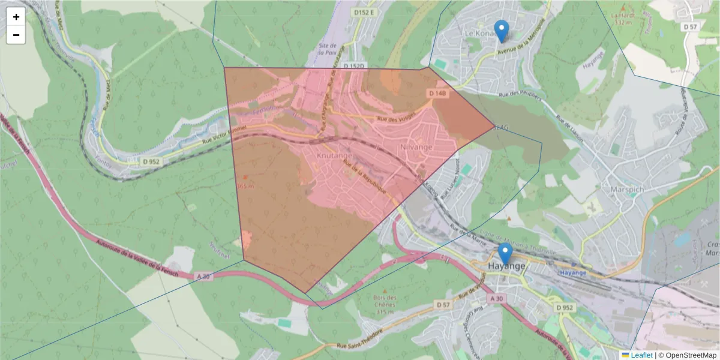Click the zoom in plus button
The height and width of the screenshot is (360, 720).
[x=16, y=17]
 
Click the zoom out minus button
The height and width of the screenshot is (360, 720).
[x=16, y=35]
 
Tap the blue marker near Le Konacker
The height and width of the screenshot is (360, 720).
[x=501, y=31]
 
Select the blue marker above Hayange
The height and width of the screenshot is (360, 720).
[x=505, y=254]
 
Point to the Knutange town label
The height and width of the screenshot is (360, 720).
[x=335, y=155]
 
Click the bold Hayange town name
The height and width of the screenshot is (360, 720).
[x=507, y=266]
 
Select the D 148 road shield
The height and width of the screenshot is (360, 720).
[x=438, y=94]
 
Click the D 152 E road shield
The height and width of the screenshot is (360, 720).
[x=364, y=13]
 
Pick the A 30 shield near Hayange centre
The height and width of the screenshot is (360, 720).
[x=496, y=298]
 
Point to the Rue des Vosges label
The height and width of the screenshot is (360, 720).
[x=396, y=119]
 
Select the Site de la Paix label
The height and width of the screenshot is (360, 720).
[x=327, y=49]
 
